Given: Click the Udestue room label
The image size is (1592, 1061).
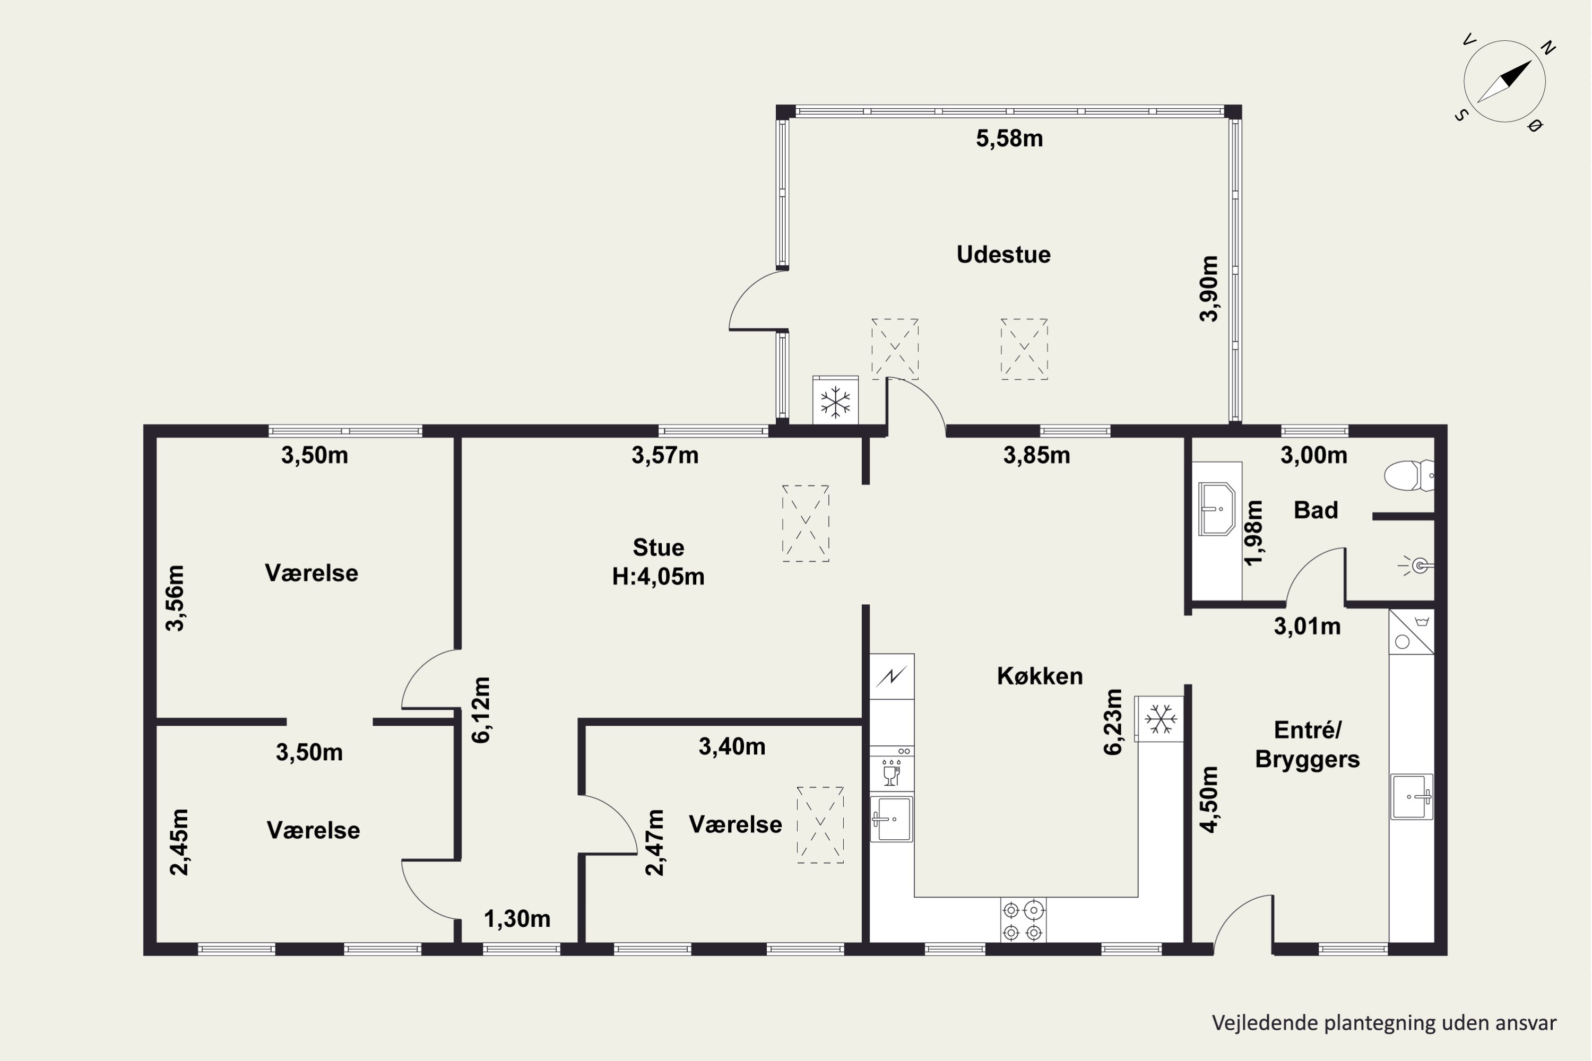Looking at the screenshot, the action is (1003, 255).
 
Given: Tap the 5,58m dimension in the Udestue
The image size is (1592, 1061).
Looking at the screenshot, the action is (1009, 138).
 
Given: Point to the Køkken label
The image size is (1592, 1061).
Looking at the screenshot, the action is (1040, 676).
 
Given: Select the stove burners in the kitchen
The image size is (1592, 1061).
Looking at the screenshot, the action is (1023, 920).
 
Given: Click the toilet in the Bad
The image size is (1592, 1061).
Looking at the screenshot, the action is (1408, 476).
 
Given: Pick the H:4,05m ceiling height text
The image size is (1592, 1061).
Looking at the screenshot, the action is (658, 577).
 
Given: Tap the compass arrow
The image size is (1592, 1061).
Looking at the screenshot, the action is (1504, 82).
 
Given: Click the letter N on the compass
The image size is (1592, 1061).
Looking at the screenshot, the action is (1547, 47).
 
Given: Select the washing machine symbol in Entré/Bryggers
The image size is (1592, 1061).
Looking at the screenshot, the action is (1411, 632).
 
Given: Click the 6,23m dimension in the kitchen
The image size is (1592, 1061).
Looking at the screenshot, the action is (1113, 721).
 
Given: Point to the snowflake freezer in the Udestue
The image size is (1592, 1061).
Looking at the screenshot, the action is (835, 401).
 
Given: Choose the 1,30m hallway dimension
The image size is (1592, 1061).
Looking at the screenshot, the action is (517, 919).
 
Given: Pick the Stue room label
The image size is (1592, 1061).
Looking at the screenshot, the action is (658, 547).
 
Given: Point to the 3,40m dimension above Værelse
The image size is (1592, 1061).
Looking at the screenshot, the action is (732, 746).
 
